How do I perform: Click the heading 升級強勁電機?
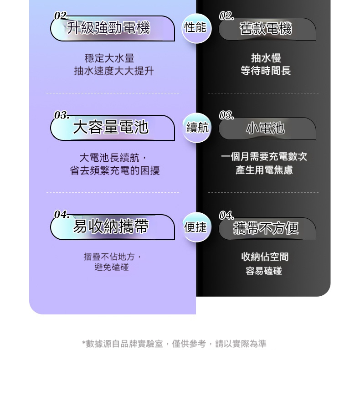click(108, 28)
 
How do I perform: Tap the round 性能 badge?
click(195, 28)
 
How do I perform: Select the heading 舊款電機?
click(266, 29)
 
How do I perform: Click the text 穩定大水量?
click(109, 58)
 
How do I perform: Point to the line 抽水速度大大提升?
click(114, 71)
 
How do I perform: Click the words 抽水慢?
click(266, 58)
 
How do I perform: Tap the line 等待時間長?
click(266, 71)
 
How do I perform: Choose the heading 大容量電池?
click(111, 127)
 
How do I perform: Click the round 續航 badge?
click(197, 128)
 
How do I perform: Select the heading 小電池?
click(265, 129)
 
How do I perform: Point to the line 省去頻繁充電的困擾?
click(114, 170)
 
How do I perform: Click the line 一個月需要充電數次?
click(264, 157)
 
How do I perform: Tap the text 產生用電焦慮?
click(264, 170)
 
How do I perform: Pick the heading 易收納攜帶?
click(111, 227)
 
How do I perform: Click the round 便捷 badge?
click(195, 227)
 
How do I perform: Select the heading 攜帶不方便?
click(266, 228)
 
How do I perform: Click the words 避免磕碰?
click(112, 268)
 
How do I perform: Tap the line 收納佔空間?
click(265, 257)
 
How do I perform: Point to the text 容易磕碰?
click(264, 271)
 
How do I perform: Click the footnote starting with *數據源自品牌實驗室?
click(174, 344)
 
